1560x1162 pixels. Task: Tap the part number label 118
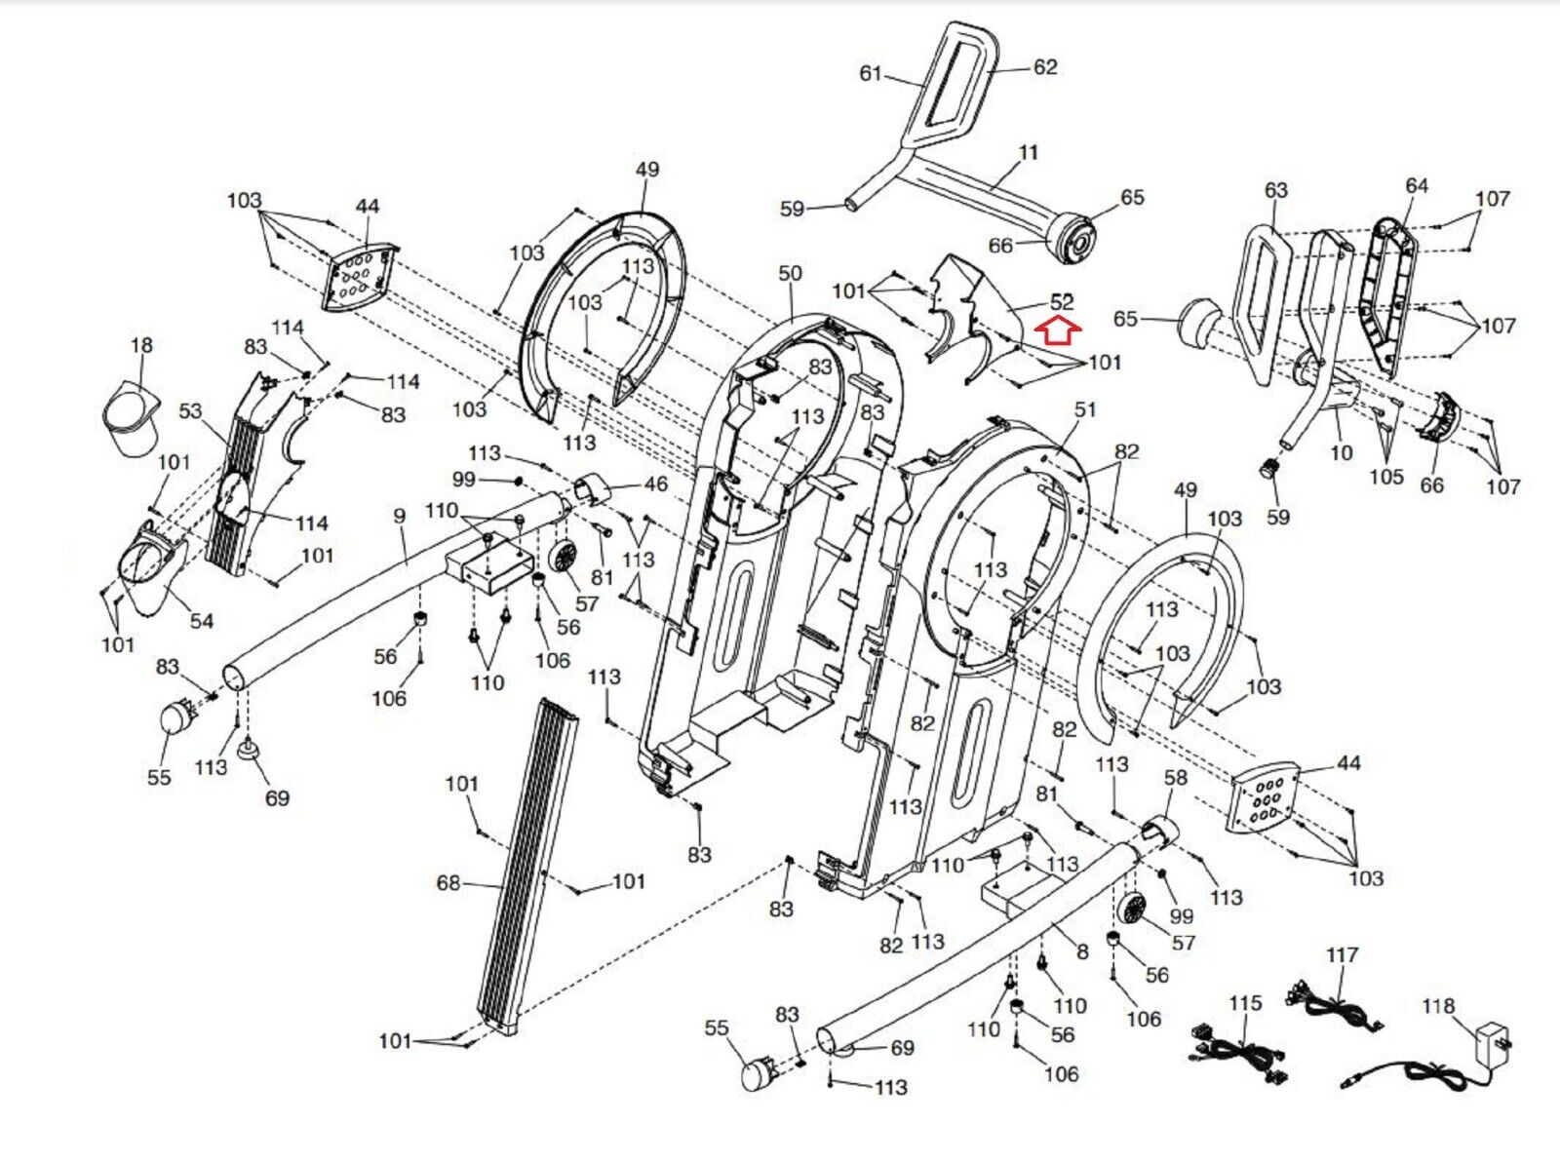click(x=1437, y=1006)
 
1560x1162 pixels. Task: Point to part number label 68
click(x=448, y=883)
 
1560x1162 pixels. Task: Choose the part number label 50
click(x=790, y=274)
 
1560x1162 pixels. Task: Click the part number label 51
click(x=1085, y=410)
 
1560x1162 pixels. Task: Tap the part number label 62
click(x=1045, y=67)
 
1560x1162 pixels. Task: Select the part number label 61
click(x=871, y=73)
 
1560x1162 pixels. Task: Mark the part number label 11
click(x=1029, y=153)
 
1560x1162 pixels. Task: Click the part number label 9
click(x=399, y=516)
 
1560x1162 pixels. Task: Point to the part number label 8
click(x=1082, y=951)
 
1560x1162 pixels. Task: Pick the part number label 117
click(x=1342, y=955)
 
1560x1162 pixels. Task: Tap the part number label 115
click(x=1245, y=1003)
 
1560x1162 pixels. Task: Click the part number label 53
click(x=190, y=411)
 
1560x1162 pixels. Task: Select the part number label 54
click(x=201, y=621)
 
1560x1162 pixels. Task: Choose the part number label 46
click(x=656, y=484)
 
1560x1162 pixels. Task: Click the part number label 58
click(x=1176, y=777)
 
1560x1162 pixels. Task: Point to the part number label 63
click(x=1275, y=190)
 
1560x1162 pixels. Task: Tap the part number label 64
click(x=1417, y=185)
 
